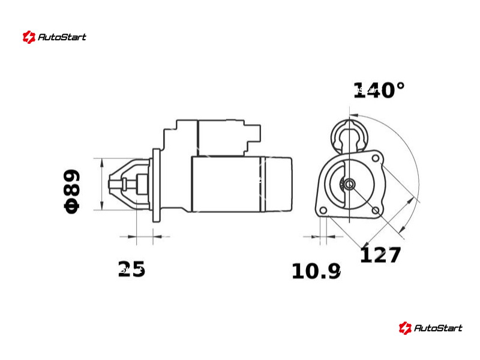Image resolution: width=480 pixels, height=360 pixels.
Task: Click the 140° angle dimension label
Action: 379,91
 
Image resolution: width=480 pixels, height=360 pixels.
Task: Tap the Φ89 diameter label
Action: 72,191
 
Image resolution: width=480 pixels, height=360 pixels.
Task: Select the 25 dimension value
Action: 131,269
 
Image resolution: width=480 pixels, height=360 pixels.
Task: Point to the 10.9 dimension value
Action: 316,271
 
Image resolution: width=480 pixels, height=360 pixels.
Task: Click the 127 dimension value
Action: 380,255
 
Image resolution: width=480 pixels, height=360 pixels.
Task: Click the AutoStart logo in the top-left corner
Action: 55,37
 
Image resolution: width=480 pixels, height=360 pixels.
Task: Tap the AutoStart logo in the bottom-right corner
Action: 431,328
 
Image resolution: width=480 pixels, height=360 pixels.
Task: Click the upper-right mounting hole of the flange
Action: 376,158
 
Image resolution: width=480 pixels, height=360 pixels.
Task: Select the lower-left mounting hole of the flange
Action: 323,211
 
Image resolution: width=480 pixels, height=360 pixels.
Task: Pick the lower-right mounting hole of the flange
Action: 376,211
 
